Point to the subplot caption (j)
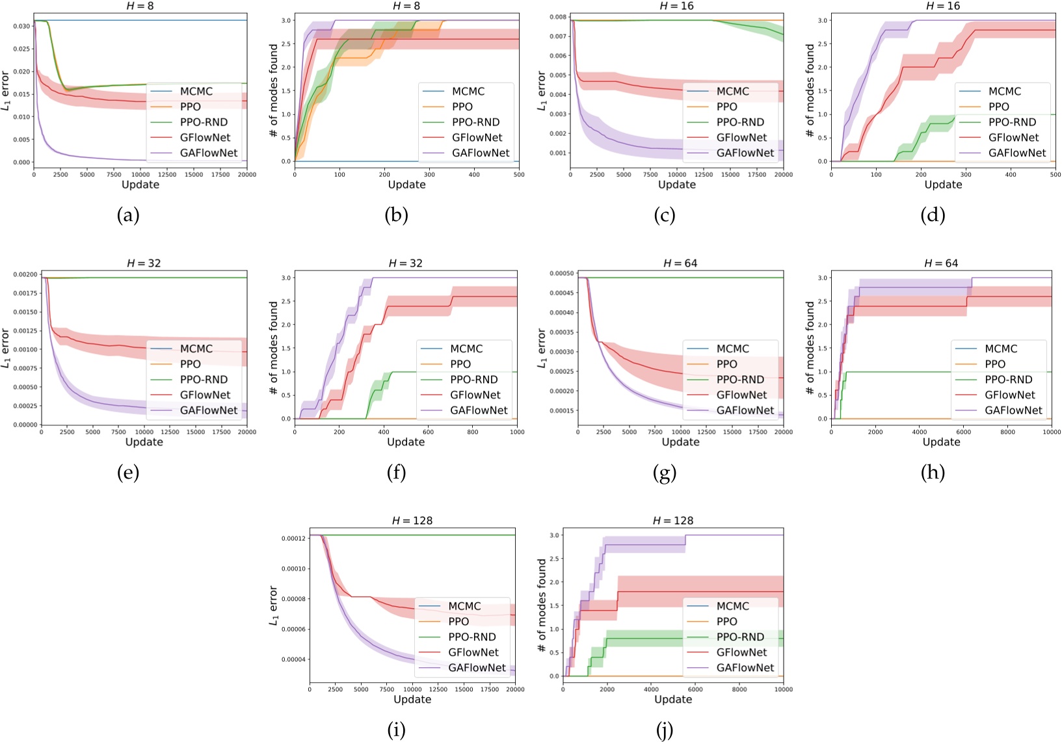click(x=665, y=730)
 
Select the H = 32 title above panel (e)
click(x=144, y=263)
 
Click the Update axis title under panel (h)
click(x=941, y=442)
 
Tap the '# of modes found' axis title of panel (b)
click(x=274, y=90)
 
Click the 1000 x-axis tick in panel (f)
click(x=516, y=432)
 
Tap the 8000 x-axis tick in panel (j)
click(x=739, y=689)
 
